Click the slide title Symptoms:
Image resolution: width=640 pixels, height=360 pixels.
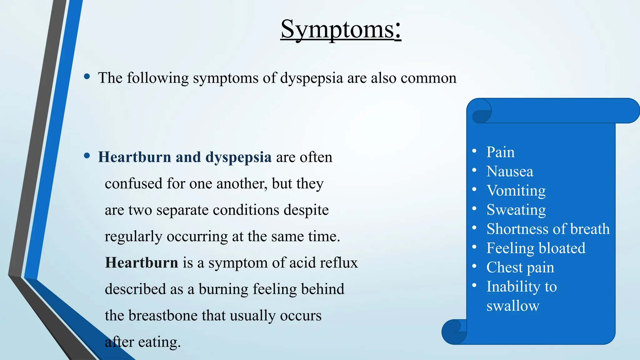(x=341, y=29)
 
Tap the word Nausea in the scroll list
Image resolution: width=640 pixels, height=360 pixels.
(x=510, y=172)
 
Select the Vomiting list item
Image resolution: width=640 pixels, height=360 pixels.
(x=516, y=191)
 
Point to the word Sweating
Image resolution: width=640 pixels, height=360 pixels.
(x=516, y=210)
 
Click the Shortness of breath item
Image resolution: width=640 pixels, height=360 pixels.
(x=548, y=229)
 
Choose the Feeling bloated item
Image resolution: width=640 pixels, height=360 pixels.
(x=536, y=248)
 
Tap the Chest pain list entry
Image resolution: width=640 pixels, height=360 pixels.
(x=520, y=267)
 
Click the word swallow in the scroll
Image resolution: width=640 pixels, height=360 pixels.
(x=513, y=306)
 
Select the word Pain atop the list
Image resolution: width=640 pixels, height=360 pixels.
(x=500, y=152)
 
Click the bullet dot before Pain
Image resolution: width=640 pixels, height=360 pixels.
(x=474, y=151)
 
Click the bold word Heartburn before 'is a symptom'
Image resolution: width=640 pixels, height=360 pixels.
(x=142, y=263)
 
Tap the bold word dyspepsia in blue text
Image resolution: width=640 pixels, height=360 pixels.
(x=238, y=157)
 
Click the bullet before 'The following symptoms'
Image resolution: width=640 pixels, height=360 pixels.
(x=87, y=77)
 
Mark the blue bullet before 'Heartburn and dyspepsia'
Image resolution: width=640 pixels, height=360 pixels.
(x=87, y=156)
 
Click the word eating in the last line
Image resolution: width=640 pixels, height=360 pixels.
(x=159, y=342)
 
